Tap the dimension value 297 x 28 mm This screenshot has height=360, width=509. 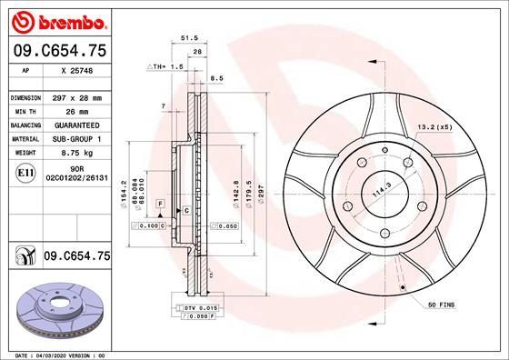[76, 96]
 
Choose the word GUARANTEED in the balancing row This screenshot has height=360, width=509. [76, 125]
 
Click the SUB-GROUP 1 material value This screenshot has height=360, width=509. [76, 138]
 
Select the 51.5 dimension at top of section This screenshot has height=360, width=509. [190, 37]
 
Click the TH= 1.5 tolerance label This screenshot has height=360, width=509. [166, 66]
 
